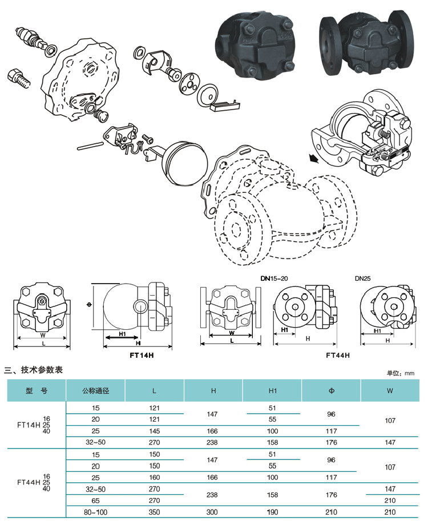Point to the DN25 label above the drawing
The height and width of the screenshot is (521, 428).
(363, 278)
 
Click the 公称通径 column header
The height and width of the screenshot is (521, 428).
(96, 391)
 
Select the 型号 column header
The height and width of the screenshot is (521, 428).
(36, 391)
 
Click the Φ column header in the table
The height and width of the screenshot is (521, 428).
(331, 391)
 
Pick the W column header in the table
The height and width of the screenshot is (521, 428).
(390, 391)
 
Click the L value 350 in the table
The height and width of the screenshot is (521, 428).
(154, 512)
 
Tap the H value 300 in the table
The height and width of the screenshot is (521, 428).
(213, 512)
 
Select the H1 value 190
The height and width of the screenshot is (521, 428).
(272, 512)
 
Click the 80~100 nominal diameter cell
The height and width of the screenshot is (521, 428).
(95, 512)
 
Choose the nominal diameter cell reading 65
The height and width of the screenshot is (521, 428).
(95, 500)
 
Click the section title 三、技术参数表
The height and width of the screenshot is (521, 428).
(34, 370)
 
